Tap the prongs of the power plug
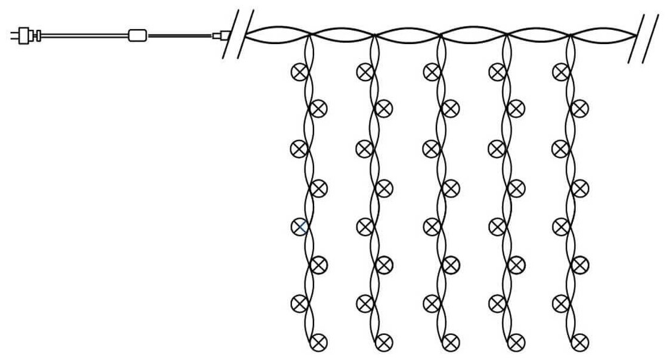click(15, 35)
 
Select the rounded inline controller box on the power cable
click(138, 35)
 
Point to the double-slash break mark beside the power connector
click(238, 33)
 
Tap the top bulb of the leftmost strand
click(299, 72)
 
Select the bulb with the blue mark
click(300, 226)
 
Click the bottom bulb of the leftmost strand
click(320, 342)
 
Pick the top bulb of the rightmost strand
click(560, 72)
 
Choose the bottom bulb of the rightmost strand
click(580, 342)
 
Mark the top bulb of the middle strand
click(432, 72)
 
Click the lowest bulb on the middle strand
click(451, 342)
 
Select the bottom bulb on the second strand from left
click(384, 342)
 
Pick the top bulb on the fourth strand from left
click(497, 72)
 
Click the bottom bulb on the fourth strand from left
click(516, 342)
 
